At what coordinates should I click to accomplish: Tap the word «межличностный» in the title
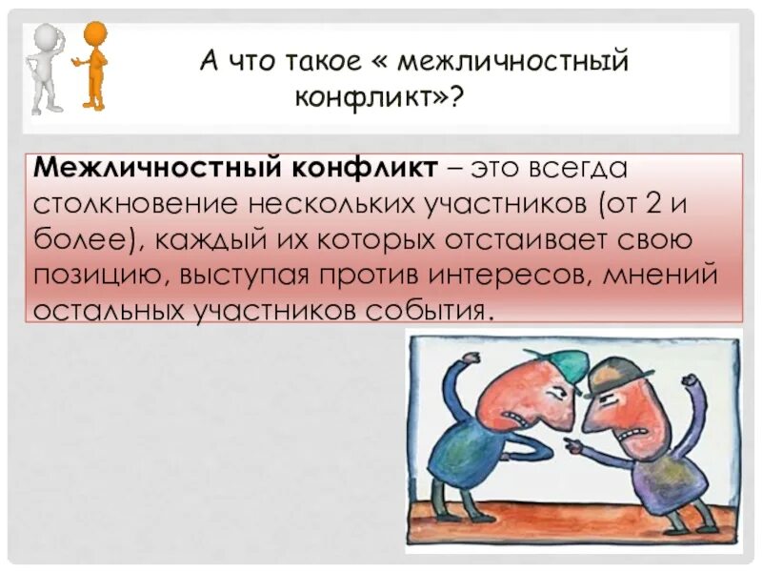[514, 63]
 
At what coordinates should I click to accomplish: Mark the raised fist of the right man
[688, 382]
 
